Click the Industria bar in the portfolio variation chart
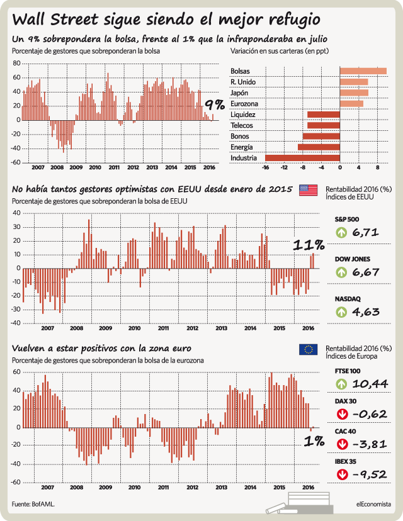coord(302,158)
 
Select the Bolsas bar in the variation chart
coord(363,71)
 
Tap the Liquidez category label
coord(243,115)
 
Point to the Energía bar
coord(319,147)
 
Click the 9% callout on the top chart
coord(215,105)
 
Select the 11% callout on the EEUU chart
coord(309,245)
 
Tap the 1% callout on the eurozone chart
coord(314,441)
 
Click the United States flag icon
coord(309,190)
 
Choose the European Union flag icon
coord(309,350)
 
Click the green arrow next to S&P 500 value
coord(341,232)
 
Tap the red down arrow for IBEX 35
coord(342,474)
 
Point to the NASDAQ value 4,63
coord(366,312)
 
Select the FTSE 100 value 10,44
coord(370,384)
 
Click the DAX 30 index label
coord(346,401)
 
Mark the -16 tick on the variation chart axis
coord(265,167)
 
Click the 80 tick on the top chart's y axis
coord(16,63)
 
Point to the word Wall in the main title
coord(29,20)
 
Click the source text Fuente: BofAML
coord(33,504)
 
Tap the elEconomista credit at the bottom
coord(373,504)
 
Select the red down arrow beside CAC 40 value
coord(342,444)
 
